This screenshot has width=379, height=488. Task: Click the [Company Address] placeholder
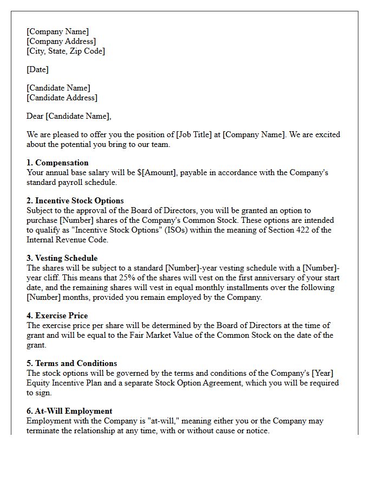coord(61,41)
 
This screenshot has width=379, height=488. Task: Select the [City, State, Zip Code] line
coord(66,51)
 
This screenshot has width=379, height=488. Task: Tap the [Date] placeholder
coord(37,69)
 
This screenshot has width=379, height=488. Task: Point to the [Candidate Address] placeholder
coord(62,98)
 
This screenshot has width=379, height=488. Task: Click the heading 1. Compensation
coord(57,163)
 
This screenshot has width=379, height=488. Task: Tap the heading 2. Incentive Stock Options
coord(75,201)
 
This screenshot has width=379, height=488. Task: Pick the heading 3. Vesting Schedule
coord(62,258)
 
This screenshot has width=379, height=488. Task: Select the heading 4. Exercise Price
coord(57,316)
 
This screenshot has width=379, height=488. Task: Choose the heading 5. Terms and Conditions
coord(71,363)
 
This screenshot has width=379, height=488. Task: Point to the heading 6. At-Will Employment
coord(69,411)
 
